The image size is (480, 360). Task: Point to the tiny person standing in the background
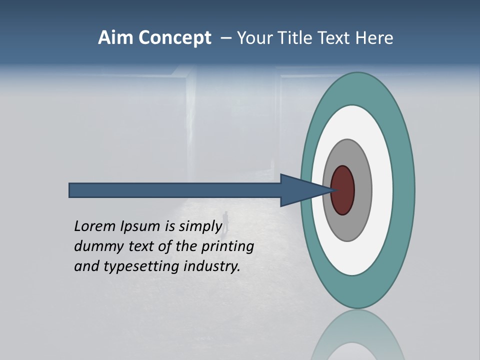(226, 221)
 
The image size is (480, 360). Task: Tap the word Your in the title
(253, 38)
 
